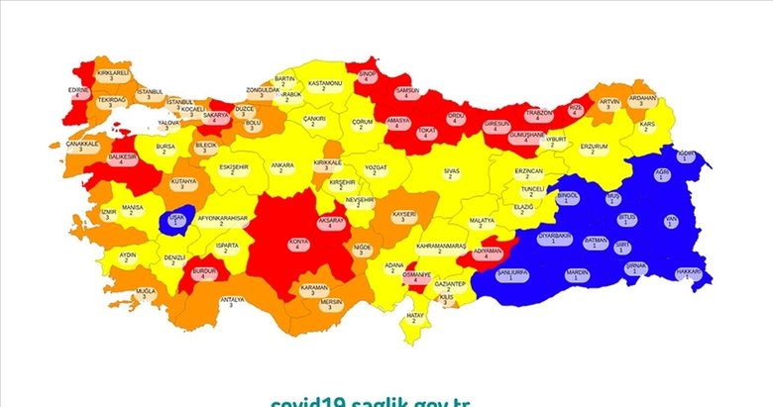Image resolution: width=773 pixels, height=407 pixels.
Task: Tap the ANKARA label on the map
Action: coord(282,167)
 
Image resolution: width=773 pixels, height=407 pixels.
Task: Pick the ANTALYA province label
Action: coord(232,301)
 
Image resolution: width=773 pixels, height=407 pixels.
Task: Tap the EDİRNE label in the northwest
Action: coord(79,92)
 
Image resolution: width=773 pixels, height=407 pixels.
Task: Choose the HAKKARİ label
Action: coord(688,273)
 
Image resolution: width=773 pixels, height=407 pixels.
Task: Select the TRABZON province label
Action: coord(538,115)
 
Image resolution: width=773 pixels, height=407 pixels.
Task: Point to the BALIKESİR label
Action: coord(123,158)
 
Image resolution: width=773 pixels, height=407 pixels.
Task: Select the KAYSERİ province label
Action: coord(403,218)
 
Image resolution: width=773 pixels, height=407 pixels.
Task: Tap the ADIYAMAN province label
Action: coord(488,254)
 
